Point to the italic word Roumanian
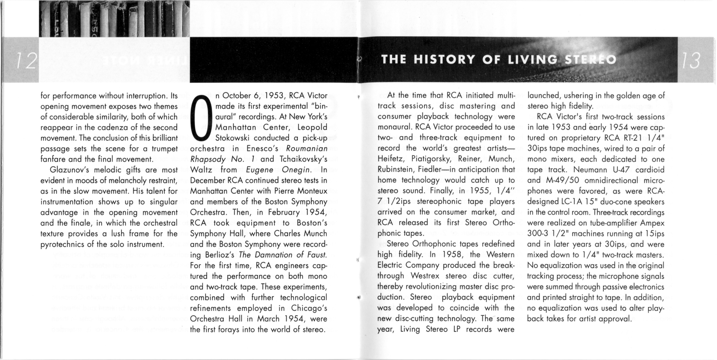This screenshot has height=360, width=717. click(x=306, y=149)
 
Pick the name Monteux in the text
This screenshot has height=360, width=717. click(x=312, y=191)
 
